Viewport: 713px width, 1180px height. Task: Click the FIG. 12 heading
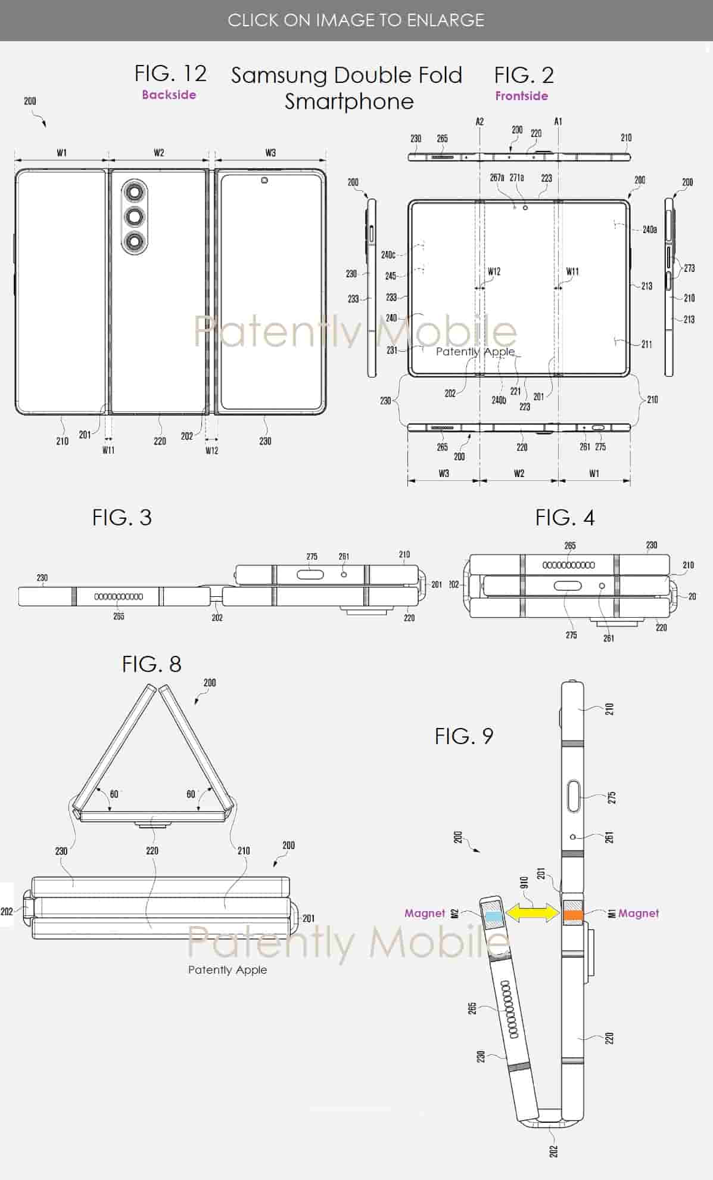point(170,74)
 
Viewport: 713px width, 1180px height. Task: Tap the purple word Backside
point(169,95)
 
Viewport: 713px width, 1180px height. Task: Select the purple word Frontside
point(521,96)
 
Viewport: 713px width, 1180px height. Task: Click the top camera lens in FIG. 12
point(135,191)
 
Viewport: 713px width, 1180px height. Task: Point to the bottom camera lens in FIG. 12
point(135,241)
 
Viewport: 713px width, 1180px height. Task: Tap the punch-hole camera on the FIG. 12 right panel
point(264,180)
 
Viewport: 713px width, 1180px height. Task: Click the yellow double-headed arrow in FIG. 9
point(531,913)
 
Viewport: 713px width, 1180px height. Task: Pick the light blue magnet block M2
point(493,917)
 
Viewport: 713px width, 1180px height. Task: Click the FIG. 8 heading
point(151,664)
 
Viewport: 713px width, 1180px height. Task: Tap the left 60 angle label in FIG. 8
point(114,794)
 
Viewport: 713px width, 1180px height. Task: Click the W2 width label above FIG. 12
point(158,153)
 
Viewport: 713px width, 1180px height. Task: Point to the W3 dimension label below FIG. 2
point(444,473)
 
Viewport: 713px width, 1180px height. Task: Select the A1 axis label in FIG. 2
point(558,122)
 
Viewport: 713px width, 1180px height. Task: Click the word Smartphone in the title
point(348,101)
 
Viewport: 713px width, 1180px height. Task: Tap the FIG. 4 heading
point(564,518)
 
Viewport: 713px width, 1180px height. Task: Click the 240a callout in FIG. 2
point(649,230)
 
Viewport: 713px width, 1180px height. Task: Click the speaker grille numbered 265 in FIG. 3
point(119,596)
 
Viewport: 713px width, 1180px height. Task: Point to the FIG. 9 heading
point(463,736)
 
